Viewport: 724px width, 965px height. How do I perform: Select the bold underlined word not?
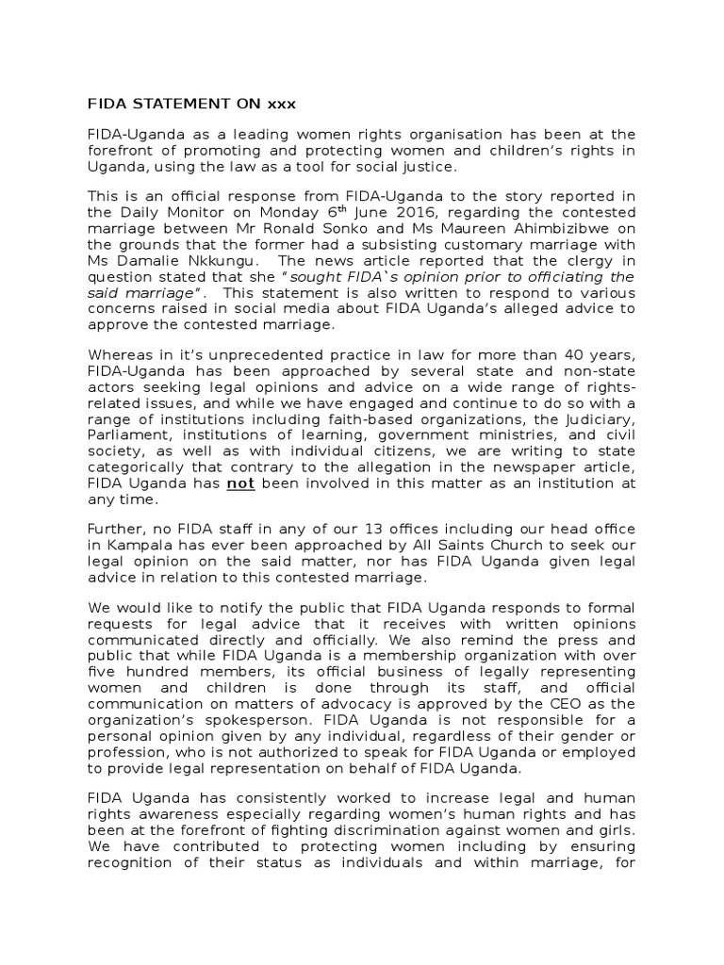248,484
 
